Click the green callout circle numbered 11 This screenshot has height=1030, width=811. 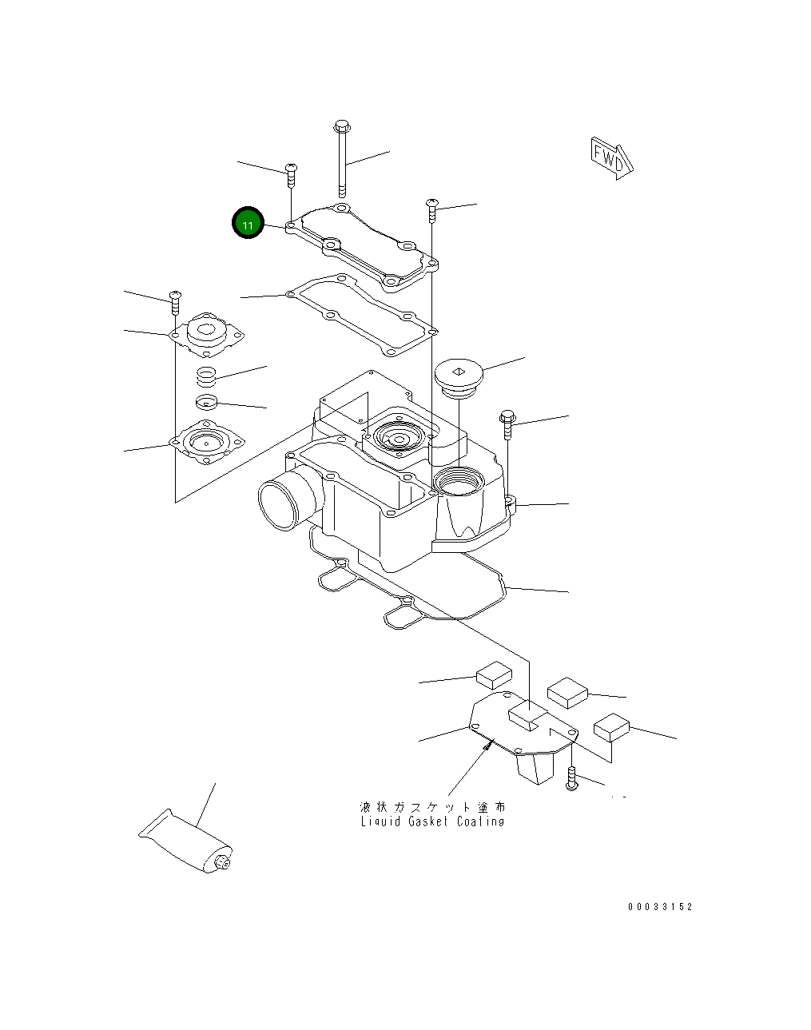point(248,223)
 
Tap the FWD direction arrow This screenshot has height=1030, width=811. point(611,158)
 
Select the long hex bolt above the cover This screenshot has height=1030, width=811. point(342,158)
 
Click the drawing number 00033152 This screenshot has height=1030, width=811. point(660,906)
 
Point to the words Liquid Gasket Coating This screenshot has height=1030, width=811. point(432,821)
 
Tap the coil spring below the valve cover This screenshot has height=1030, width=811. point(207,376)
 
